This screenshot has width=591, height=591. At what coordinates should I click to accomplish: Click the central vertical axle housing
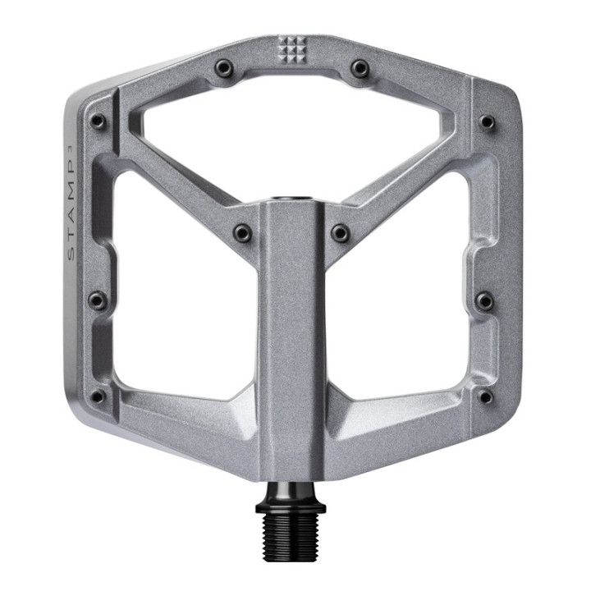click(293, 345)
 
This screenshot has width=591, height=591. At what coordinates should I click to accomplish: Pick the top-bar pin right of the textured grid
click(359, 67)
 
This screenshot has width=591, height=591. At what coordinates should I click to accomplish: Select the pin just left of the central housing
click(242, 233)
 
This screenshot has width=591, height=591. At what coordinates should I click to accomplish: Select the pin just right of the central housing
click(340, 233)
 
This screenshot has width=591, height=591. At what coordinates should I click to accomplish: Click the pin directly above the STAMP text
click(98, 121)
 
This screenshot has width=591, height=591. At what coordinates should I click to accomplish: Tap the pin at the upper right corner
click(487, 122)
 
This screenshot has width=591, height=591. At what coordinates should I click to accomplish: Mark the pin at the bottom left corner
click(98, 397)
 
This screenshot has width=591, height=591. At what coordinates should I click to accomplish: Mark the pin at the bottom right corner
click(486, 396)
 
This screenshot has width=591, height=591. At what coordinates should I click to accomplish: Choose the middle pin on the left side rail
click(97, 300)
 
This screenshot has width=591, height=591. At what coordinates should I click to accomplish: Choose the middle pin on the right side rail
click(485, 300)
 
